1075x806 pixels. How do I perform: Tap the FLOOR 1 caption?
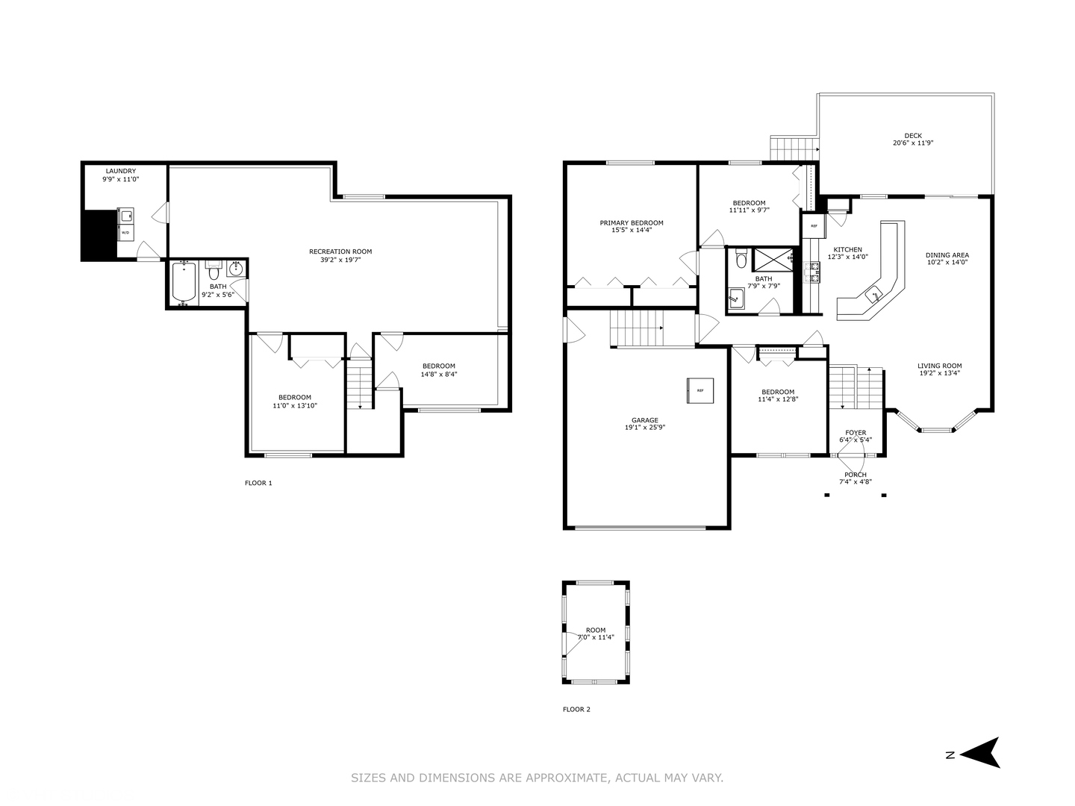(258, 483)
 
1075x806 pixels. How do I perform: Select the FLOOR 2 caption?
(576, 709)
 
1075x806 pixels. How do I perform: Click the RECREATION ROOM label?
(340, 252)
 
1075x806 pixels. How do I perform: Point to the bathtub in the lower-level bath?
(184, 282)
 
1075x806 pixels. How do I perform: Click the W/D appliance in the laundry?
(125, 233)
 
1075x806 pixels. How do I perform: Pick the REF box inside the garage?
(699, 390)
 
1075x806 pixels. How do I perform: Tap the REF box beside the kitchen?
(814, 226)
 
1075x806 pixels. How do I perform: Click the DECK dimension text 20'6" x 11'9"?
(913, 143)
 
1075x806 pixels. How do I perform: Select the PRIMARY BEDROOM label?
(632, 222)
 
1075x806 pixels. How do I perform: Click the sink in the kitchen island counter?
(873, 296)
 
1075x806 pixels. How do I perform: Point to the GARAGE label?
(644, 420)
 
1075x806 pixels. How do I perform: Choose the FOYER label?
(856, 433)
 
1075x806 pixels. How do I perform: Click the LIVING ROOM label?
(939, 366)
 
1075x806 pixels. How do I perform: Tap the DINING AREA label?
(947, 255)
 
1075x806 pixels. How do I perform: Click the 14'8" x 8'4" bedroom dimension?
(439, 375)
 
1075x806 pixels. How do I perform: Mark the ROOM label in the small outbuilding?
(596, 630)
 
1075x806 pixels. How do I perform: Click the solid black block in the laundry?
(100, 235)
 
